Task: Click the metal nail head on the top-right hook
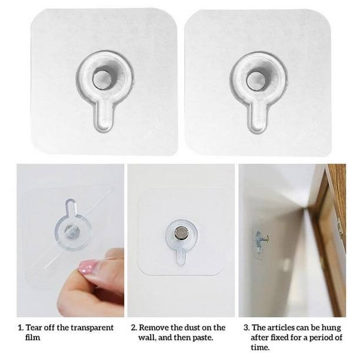click(256, 81)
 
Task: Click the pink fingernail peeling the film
click(88, 266)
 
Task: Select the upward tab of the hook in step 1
click(71, 206)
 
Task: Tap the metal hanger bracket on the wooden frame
click(341, 228)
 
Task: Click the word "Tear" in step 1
click(34, 328)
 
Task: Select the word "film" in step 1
click(32, 338)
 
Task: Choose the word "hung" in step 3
click(332, 328)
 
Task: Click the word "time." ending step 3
click(260, 348)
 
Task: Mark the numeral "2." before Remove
click(134, 328)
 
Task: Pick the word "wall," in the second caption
click(147, 338)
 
